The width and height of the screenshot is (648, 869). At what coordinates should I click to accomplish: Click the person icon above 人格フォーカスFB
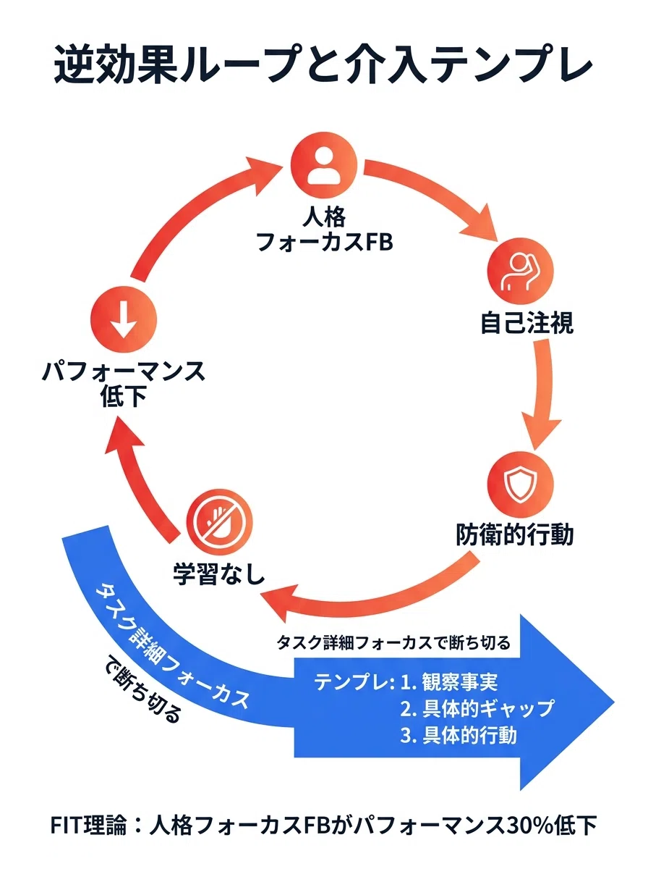click(x=324, y=165)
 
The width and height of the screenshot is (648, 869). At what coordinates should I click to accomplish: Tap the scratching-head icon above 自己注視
click(x=520, y=272)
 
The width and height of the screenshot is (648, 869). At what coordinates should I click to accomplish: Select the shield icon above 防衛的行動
click(x=520, y=484)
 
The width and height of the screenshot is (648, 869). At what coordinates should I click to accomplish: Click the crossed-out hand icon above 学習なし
click(x=219, y=523)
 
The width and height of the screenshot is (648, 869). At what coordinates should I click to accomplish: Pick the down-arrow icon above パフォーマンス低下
click(x=124, y=319)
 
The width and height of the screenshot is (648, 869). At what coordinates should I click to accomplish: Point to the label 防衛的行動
click(x=514, y=535)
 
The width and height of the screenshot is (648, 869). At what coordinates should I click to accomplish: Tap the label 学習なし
click(x=219, y=574)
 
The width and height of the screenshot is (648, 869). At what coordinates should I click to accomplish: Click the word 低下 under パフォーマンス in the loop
click(x=124, y=396)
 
